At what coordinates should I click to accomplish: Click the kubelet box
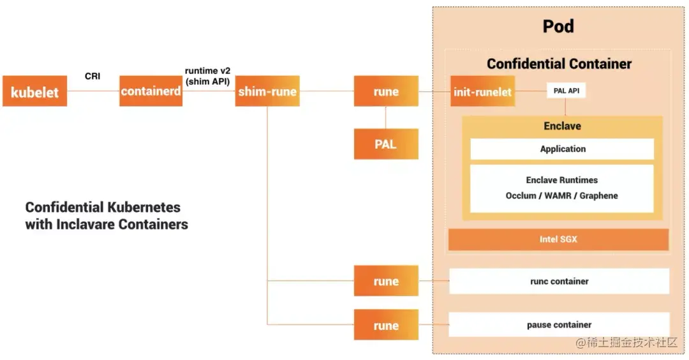point(34,91)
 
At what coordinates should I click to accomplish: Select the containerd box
point(151,91)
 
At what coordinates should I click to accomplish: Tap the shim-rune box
point(267,91)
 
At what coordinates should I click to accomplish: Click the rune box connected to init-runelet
point(386,91)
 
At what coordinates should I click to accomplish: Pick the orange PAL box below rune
point(386,144)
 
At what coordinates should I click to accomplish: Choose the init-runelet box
point(482,91)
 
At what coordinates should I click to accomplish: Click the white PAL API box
point(566,91)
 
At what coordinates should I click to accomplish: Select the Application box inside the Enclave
point(562,149)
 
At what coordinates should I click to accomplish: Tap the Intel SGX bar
point(558,239)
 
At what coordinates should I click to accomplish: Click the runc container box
point(559,281)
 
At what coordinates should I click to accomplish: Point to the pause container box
point(559,324)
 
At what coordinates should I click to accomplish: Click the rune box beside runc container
point(386,281)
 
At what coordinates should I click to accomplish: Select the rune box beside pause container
point(386,325)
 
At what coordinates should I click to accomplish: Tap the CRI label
point(93,76)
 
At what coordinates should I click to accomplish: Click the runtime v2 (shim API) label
point(207,75)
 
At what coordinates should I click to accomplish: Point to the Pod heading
point(558,26)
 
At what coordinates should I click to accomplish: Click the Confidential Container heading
point(559,64)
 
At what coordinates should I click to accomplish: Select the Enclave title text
point(562,126)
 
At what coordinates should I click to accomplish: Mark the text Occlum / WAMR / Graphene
point(561,195)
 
